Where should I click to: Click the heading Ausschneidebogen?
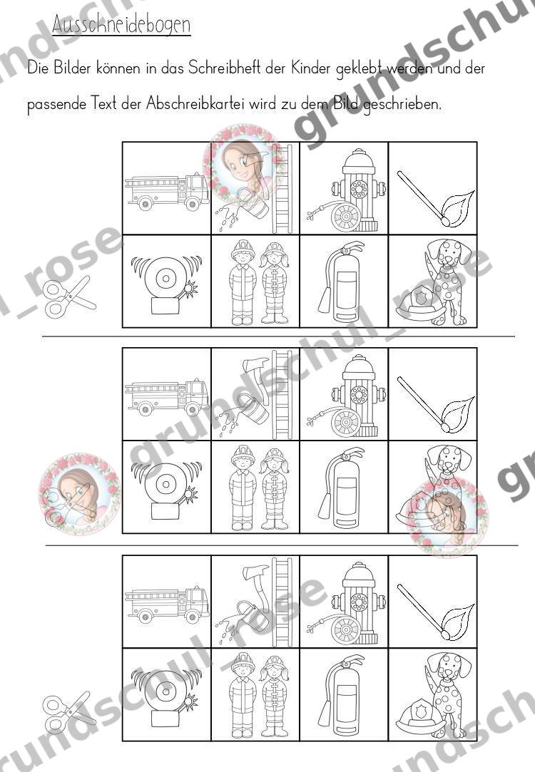click(121, 25)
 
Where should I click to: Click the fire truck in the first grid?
click(166, 191)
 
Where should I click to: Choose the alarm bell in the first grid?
click(166, 284)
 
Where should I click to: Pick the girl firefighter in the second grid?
click(275, 488)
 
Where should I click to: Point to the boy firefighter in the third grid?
click(243, 695)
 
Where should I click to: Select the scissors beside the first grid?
click(68, 297)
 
